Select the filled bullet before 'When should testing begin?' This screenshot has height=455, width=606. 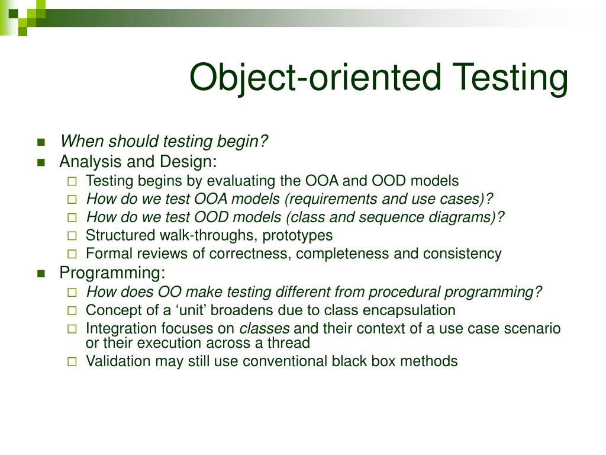pos(41,142)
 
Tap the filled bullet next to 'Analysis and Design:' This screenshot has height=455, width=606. pos(41,162)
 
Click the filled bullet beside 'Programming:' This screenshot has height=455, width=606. pos(41,273)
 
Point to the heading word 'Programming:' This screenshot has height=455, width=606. pos(112,273)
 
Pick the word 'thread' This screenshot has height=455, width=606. pos(290,342)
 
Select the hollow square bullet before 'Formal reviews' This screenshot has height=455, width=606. pos(72,254)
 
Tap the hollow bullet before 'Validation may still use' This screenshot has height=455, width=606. pos(72,361)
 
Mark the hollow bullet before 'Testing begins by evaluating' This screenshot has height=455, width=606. pos(72,181)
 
